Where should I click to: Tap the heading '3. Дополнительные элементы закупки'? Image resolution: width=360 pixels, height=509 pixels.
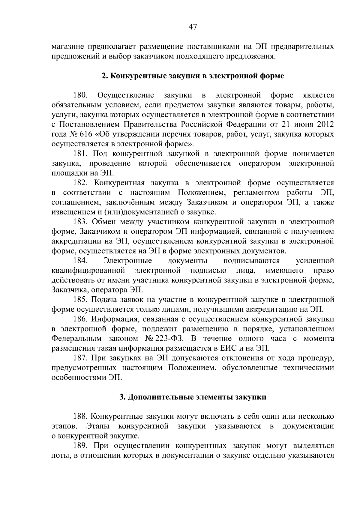pyautogui.click(x=193, y=397)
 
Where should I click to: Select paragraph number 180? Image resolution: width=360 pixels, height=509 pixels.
pyautogui.click(x=80, y=95)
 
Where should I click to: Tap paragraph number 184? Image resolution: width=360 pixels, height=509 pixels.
pyautogui.click(x=80, y=261)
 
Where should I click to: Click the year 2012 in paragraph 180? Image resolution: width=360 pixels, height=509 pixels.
pyautogui.click(x=325, y=124)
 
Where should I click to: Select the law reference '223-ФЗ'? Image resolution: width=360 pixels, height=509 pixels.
pyautogui.click(x=168, y=339)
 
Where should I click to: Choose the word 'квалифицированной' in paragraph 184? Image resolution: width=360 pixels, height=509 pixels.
pyautogui.click(x=88, y=271)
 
